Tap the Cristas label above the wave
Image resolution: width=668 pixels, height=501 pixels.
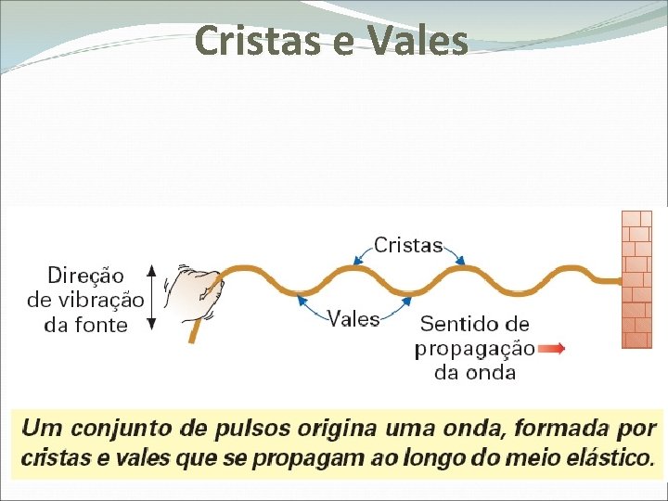pos(408,245)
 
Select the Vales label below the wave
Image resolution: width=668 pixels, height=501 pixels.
pos(354,319)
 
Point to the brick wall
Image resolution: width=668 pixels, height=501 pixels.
pos(636,278)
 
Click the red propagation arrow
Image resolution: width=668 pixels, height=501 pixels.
pos(551,349)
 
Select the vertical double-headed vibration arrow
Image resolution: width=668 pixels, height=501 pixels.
pos(154,298)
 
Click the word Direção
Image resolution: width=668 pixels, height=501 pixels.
pos(85,275)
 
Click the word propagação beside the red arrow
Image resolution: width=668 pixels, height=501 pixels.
pos(474,349)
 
